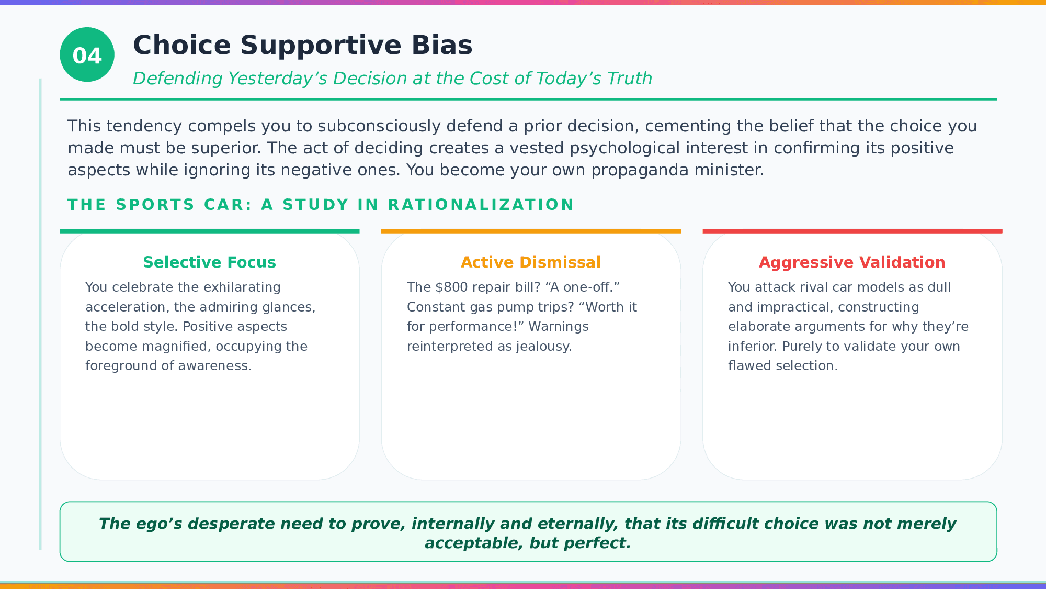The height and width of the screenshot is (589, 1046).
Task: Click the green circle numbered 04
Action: pos(87,54)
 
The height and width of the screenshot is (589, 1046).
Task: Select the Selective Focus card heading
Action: pos(209,262)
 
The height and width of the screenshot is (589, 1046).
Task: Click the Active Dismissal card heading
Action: pos(531,262)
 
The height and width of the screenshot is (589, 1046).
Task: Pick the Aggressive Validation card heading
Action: pos(852,262)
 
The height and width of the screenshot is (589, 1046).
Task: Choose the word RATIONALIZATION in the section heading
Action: pos(481,205)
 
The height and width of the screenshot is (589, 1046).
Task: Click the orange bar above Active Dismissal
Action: pos(531,231)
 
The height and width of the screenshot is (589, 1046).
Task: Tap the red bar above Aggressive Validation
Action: pos(852,231)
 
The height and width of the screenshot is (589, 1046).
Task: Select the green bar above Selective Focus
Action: pos(210,231)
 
